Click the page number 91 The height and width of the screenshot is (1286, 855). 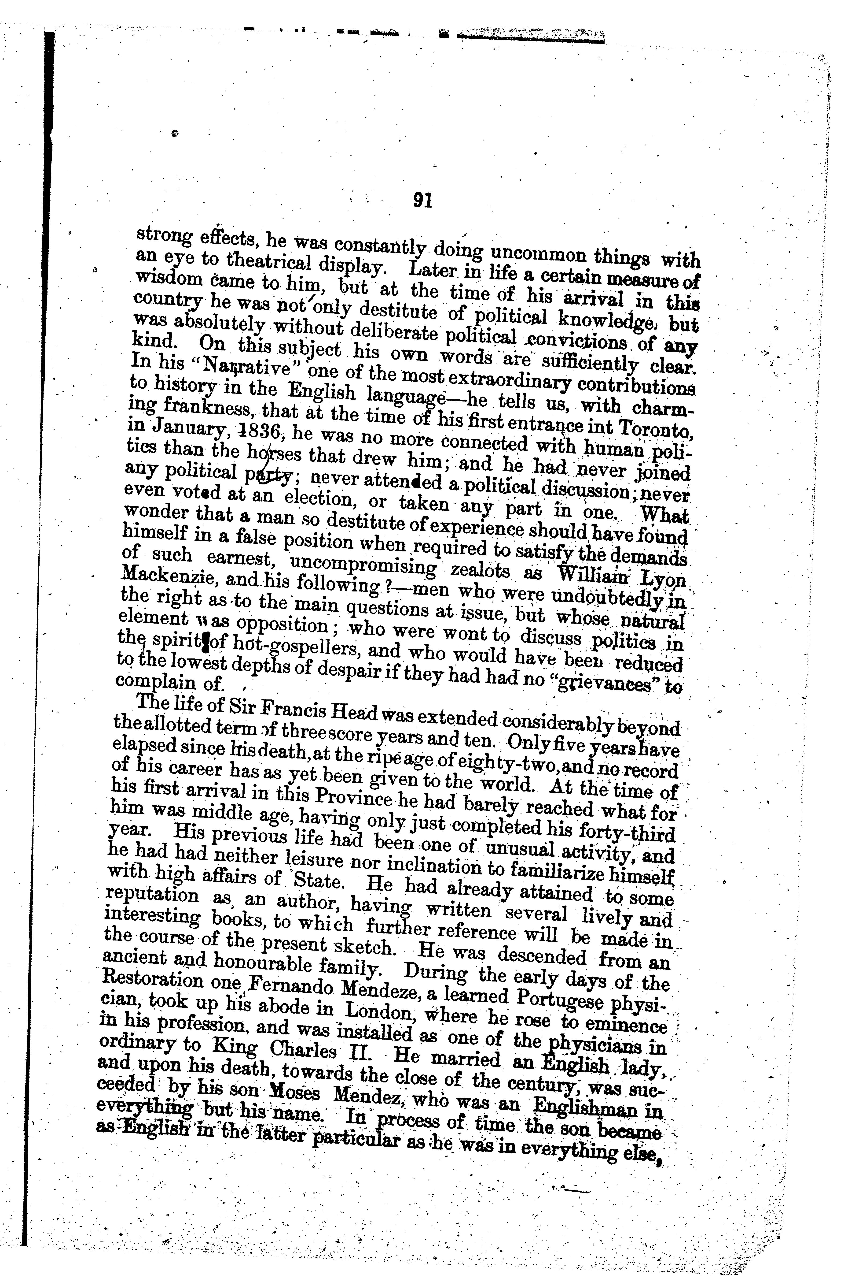[423, 201]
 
